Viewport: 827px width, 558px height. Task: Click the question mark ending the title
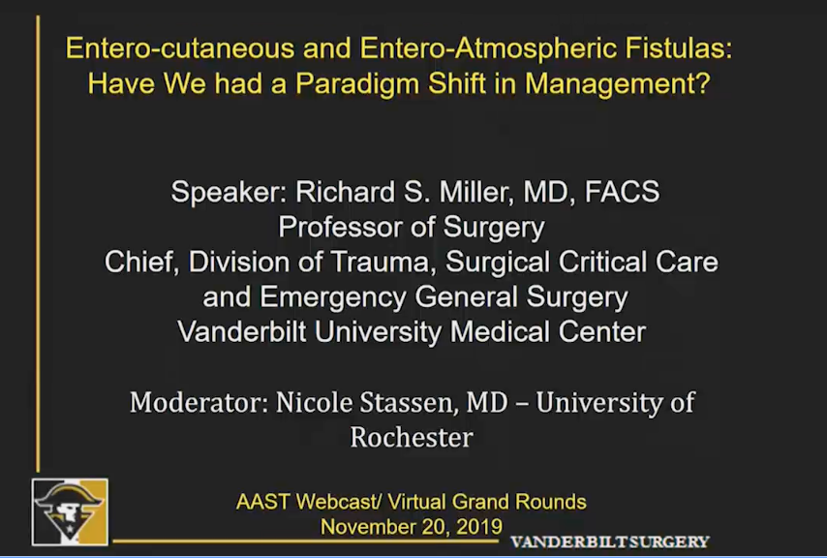coord(702,82)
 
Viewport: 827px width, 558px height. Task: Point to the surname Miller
coord(475,192)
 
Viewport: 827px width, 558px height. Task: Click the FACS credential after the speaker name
coord(622,192)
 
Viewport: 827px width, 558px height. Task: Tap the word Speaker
coord(229,193)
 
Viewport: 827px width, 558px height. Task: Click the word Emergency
coord(332,298)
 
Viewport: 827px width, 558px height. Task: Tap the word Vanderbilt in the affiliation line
coord(241,332)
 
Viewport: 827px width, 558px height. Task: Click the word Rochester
coord(412,438)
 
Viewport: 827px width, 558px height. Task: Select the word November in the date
coord(367,527)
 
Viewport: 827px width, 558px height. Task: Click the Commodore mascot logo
coord(70,512)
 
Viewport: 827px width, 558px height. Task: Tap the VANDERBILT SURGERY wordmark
coord(609,542)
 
